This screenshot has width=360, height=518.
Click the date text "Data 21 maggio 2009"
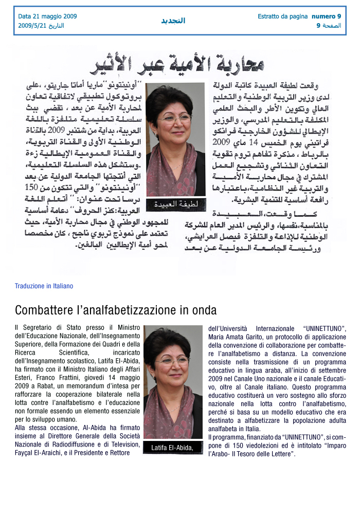point(47,16)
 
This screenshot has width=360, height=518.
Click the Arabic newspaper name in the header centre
point(173,21)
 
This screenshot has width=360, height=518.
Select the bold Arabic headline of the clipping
point(177,64)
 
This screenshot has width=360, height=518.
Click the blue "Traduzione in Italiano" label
point(44,286)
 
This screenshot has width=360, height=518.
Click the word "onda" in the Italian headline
point(205,310)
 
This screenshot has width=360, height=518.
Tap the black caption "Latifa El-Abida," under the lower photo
point(172,448)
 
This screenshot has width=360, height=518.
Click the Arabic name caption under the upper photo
point(172,204)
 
